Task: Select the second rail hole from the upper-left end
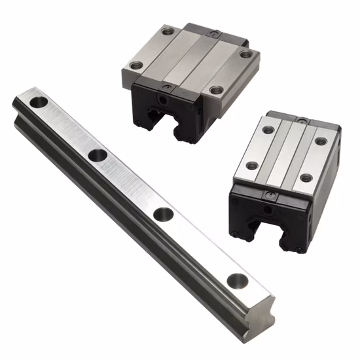click(x=98, y=155)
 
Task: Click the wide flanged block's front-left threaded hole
click(x=136, y=65)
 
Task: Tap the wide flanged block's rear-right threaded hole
click(x=245, y=55)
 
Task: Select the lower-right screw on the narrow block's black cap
click(x=299, y=249)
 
